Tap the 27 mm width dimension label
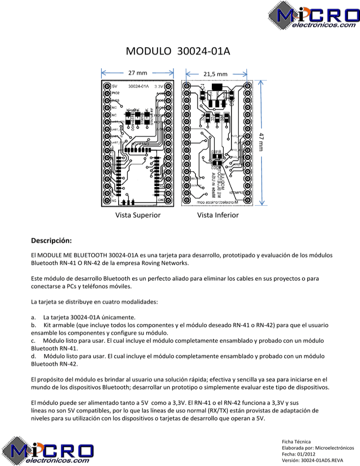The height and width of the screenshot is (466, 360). click(x=138, y=73)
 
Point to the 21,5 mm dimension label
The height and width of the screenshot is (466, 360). click(x=216, y=74)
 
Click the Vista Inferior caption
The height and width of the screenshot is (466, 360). click(x=217, y=215)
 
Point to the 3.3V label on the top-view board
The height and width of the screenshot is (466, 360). click(x=159, y=87)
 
